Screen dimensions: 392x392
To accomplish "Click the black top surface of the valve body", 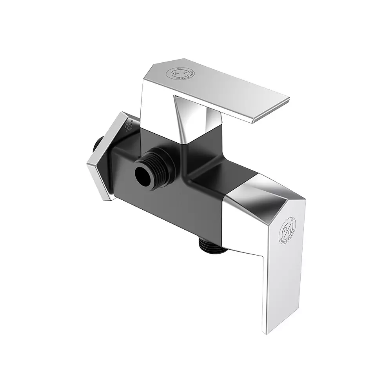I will pos(212,172).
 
